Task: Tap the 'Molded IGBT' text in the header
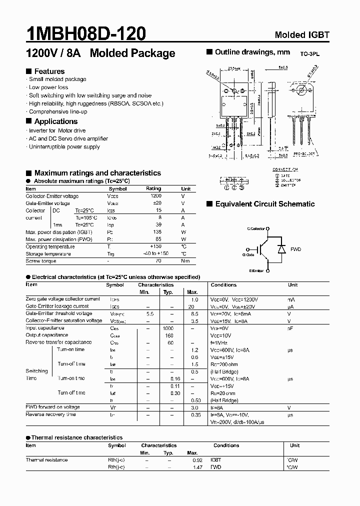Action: pos(302,35)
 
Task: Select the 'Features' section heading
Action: pos(49,71)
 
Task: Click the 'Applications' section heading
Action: pos(55,121)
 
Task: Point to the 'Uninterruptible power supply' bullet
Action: pos(64,146)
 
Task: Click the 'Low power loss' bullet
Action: pos(48,87)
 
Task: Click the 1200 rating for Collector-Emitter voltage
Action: pos(156,196)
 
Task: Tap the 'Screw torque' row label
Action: pos(41,261)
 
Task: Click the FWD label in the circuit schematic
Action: pos(295,248)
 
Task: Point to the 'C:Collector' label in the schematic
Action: pos(257,228)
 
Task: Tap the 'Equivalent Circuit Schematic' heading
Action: pos(264,204)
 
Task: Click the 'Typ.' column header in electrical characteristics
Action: pos(168,292)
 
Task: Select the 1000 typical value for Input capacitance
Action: pos(168,328)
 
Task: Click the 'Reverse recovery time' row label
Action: pos(50,414)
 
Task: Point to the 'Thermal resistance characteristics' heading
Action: pos(77,437)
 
